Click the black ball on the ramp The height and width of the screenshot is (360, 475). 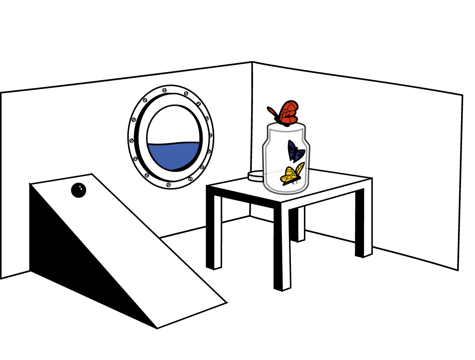click(78, 190)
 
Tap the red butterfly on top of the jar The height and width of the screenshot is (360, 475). click(287, 113)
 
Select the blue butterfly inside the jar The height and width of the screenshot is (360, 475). click(295, 151)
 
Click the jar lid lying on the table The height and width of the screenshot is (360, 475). click(256, 175)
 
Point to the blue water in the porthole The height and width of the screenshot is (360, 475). click(173, 155)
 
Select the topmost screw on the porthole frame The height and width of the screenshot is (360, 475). click(164, 90)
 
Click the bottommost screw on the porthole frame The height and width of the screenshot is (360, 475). click(168, 184)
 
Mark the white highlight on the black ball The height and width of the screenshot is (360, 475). click(80, 187)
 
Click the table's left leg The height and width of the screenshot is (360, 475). click(213, 229)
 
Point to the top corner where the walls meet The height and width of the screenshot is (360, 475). click(252, 62)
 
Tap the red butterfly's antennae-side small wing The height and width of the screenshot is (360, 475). click(272, 111)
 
